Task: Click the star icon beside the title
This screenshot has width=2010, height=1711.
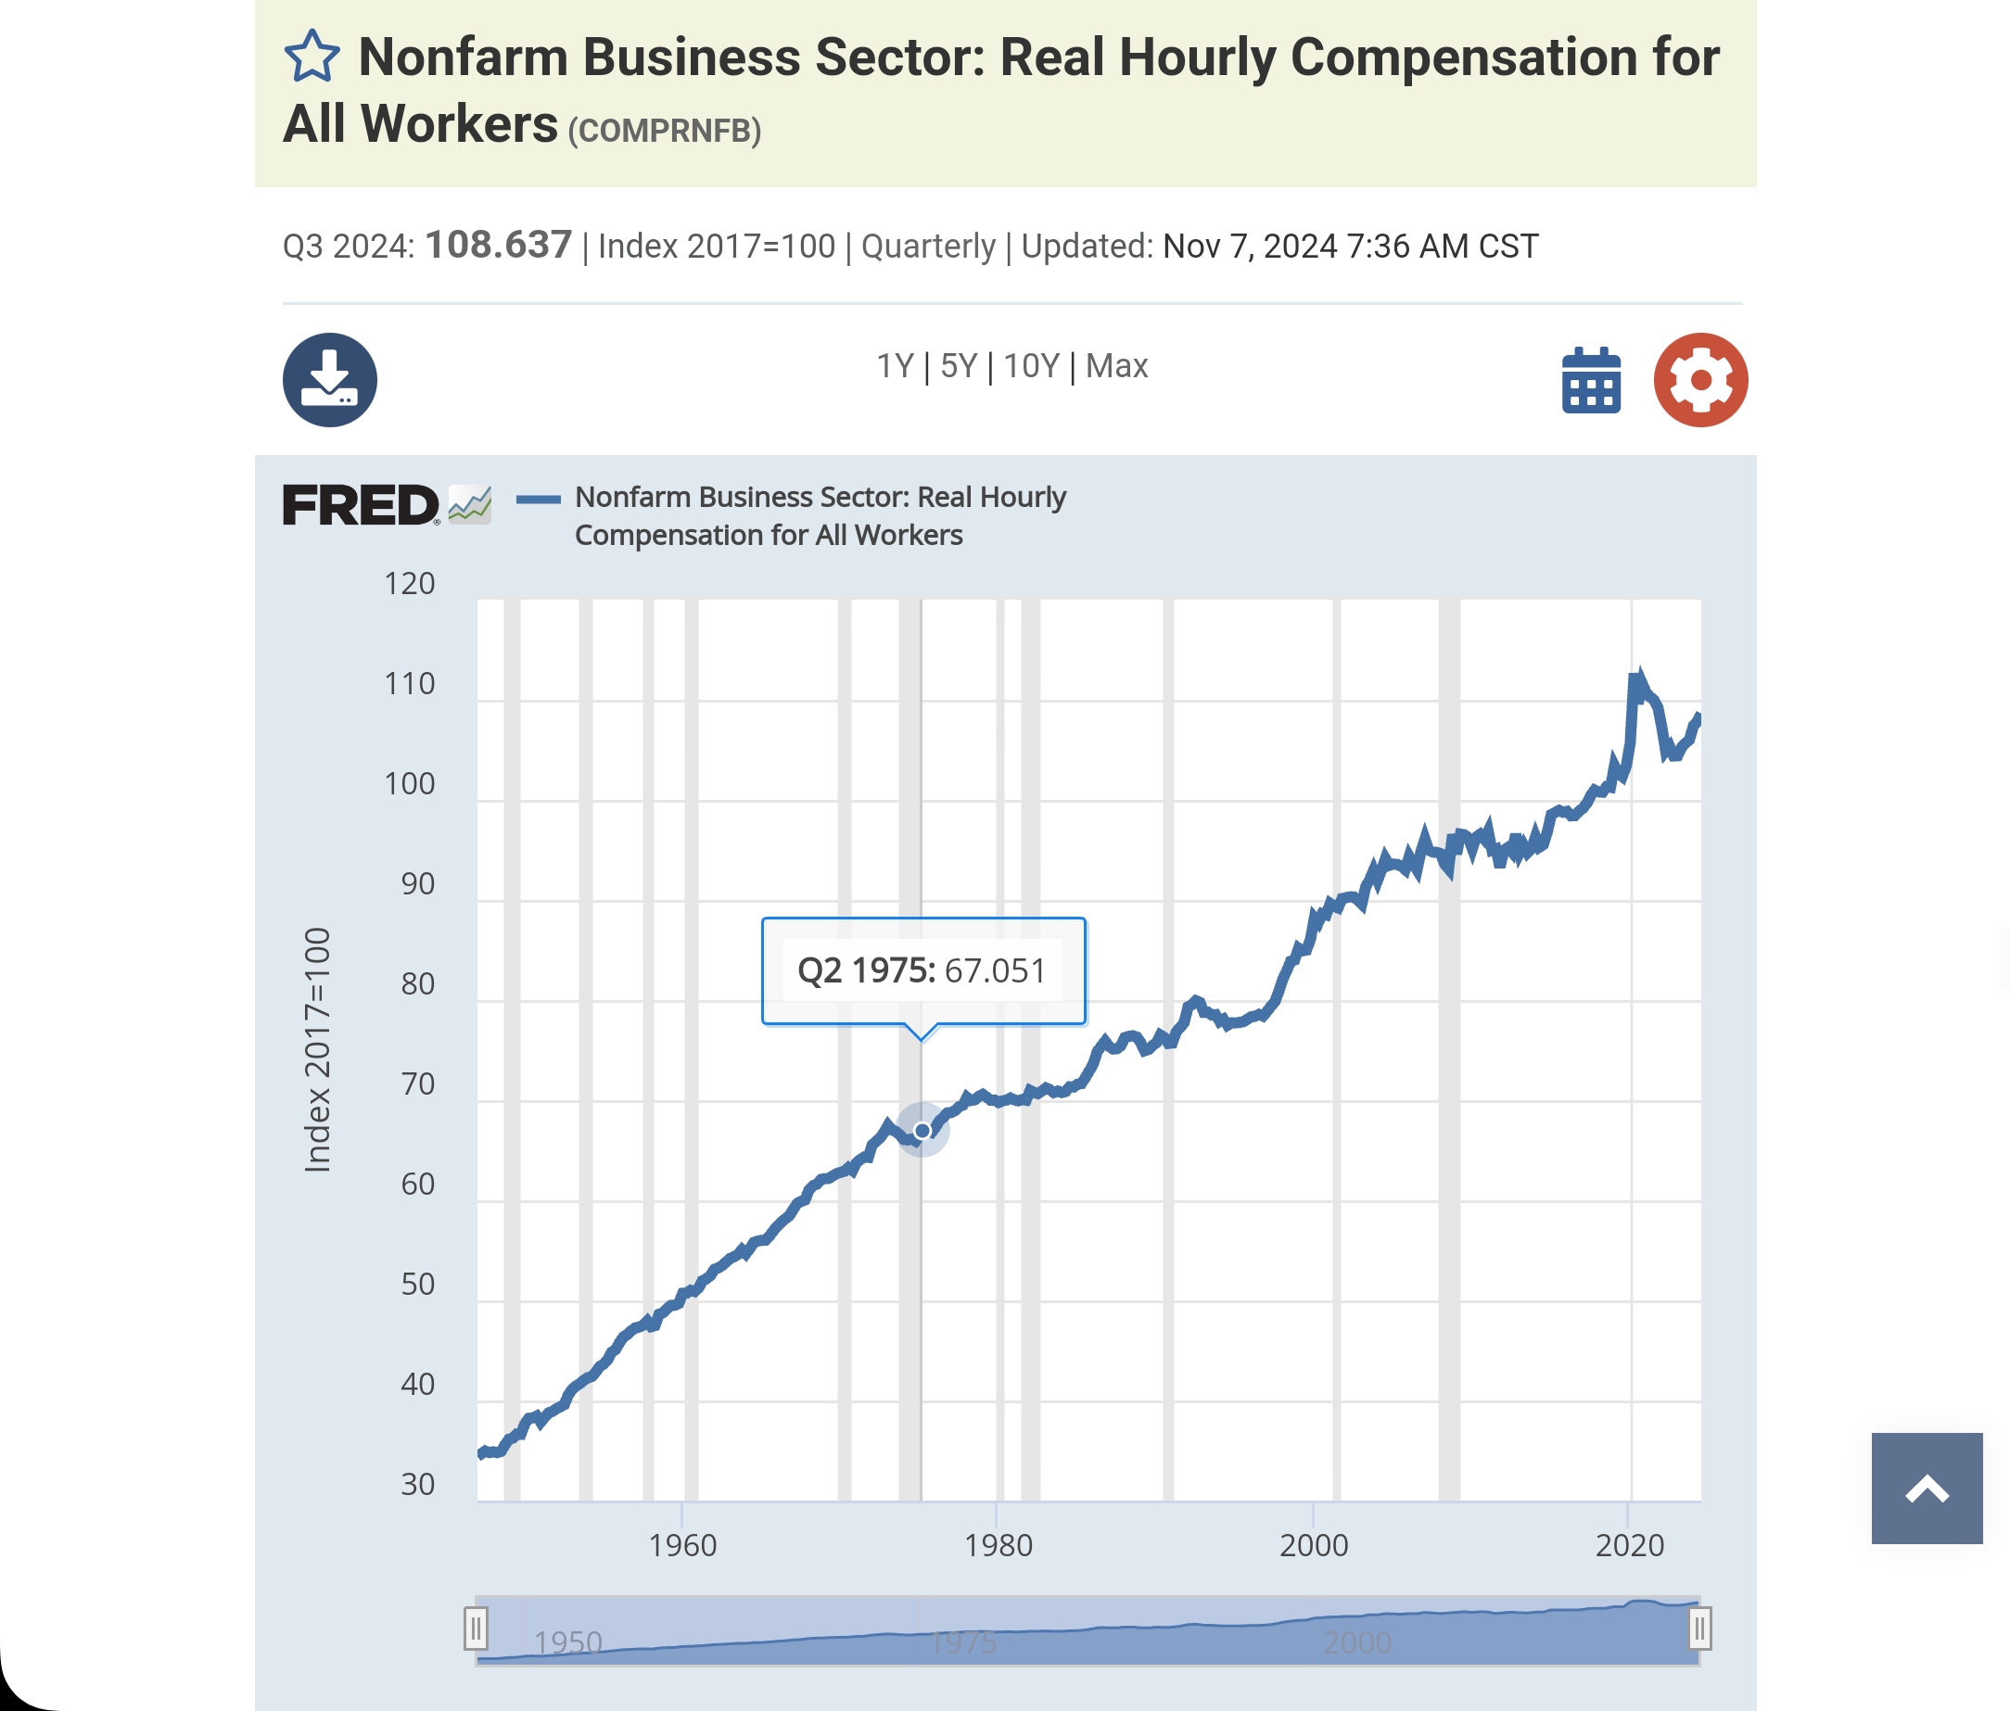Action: pyautogui.click(x=312, y=57)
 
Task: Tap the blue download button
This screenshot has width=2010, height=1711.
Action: pyautogui.click(x=330, y=380)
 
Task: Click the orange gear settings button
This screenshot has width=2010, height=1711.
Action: pyautogui.click(x=1699, y=380)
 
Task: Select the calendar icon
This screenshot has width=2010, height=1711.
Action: pyautogui.click(x=1591, y=380)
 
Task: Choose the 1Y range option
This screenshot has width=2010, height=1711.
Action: pyautogui.click(x=895, y=367)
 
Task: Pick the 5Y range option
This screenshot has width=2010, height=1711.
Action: pyautogui.click(x=959, y=367)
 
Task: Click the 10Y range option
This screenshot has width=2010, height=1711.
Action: pyautogui.click(x=1031, y=367)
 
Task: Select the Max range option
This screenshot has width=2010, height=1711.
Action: pyautogui.click(x=1116, y=367)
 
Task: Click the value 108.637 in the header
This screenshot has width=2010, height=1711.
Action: pyautogui.click(x=499, y=246)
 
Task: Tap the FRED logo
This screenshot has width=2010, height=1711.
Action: pyautogui.click(x=362, y=505)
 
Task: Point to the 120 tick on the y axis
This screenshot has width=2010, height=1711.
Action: pyautogui.click(x=410, y=584)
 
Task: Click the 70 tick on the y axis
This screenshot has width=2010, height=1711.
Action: pyautogui.click(x=418, y=1084)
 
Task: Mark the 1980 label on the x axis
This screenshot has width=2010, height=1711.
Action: pyautogui.click(x=999, y=1545)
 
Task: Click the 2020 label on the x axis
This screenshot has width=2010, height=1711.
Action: pyautogui.click(x=1630, y=1545)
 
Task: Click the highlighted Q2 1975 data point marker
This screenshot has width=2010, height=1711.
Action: pyautogui.click(x=922, y=1131)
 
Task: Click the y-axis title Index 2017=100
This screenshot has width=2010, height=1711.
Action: pyautogui.click(x=318, y=1050)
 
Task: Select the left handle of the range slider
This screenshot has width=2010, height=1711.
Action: pyautogui.click(x=476, y=1629)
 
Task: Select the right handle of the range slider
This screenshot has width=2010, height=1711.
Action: pyautogui.click(x=1699, y=1629)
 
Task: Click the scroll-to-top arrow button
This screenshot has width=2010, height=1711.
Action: pyautogui.click(x=1927, y=1489)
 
